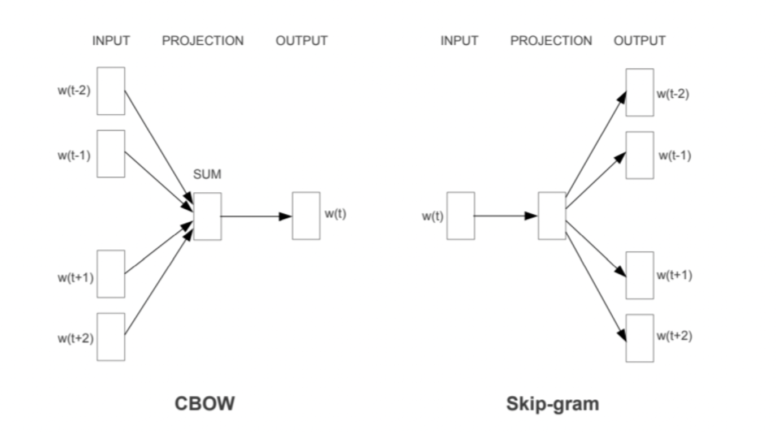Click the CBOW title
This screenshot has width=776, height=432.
click(x=204, y=404)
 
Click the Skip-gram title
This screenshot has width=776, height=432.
click(x=552, y=404)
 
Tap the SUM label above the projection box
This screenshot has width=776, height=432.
click(x=207, y=175)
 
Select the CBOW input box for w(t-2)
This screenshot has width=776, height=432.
click(x=111, y=91)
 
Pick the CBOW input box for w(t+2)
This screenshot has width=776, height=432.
click(x=111, y=336)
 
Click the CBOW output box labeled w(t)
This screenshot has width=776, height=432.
click(x=306, y=215)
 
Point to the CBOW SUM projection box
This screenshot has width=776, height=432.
click(x=207, y=216)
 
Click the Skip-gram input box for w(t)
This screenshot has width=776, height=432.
click(x=460, y=215)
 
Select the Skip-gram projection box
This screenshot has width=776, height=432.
click(x=552, y=215)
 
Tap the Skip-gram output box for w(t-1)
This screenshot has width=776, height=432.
click(x=640, y=155)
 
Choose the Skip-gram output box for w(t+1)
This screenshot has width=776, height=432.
click(x=640, y=275)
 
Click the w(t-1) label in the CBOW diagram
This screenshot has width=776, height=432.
click(x=73, y=155)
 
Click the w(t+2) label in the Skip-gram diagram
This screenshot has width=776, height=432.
click(x=674, y=336)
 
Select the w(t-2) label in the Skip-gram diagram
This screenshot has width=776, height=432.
click(x=673, y=94)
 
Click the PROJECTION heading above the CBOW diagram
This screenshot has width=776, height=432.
click(x=203, y=41)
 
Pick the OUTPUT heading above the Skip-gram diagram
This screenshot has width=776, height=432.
click(x=639, y=41)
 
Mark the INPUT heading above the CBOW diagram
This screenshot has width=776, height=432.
click(x=111, y=41)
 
